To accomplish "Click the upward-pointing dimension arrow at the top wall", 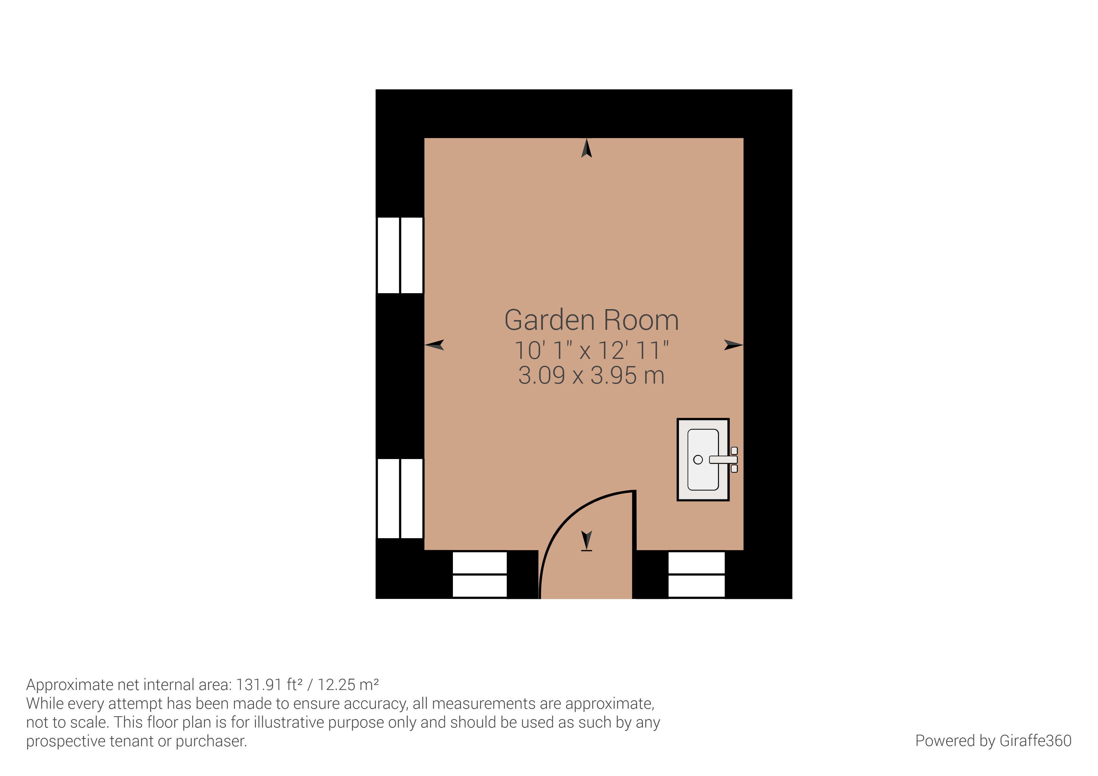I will (586, 148).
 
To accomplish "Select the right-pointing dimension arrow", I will (733, 345).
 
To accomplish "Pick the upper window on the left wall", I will (400, 255).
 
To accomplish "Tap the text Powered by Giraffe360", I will (993, 741).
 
